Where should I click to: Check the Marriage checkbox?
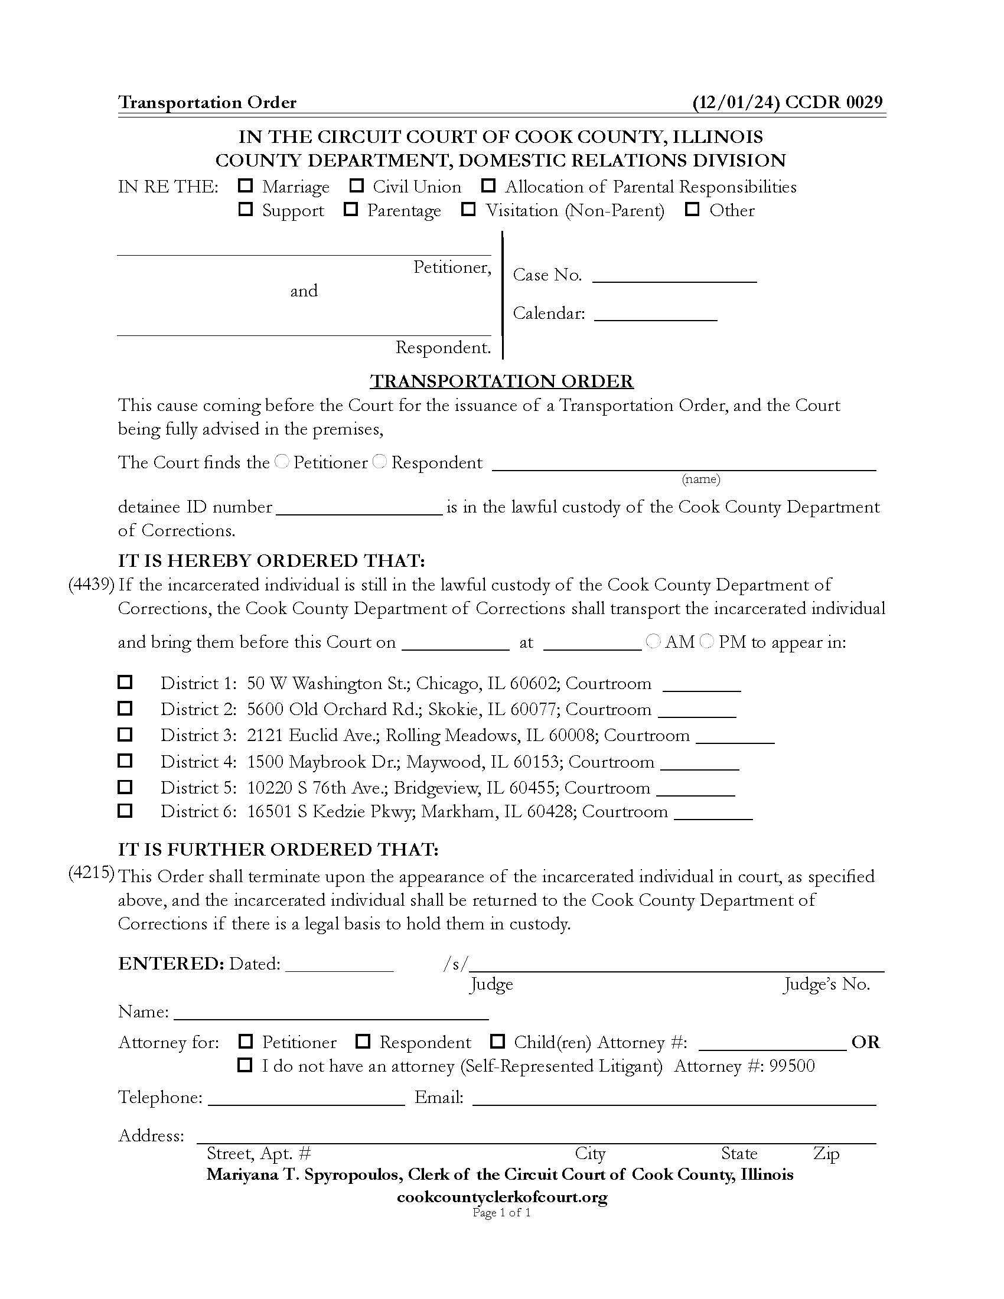pos(245,185)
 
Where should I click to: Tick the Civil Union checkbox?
pos(356,185)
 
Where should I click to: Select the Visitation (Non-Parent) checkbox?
pos(469,210)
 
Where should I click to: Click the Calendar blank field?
pos(656,314)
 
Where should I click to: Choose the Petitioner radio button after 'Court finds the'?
pos(282,462)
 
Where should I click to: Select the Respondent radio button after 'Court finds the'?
pos(380,462)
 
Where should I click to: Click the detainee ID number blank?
pos(359,507)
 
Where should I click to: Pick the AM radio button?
pos(653,641)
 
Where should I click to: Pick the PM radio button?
pos(706,641)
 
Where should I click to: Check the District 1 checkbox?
pos(125,681)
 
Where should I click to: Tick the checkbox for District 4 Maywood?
pos(125,761)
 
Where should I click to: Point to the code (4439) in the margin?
pos(91,585)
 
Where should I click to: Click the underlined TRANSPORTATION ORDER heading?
pos(502,381)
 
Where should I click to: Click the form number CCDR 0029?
pos(834,102)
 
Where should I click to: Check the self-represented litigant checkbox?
pos(245,1065)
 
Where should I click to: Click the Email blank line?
pos(674,1098)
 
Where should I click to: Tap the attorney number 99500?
pos(791,1066)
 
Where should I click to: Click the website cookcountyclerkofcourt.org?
pos(502,1197)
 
